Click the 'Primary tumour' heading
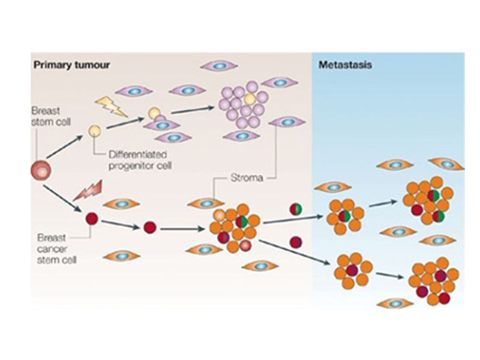[x=71, y=64]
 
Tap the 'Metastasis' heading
[x=346, y=64]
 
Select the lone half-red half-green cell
[x=296, y=209]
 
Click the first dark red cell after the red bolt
[x=92, y=218]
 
